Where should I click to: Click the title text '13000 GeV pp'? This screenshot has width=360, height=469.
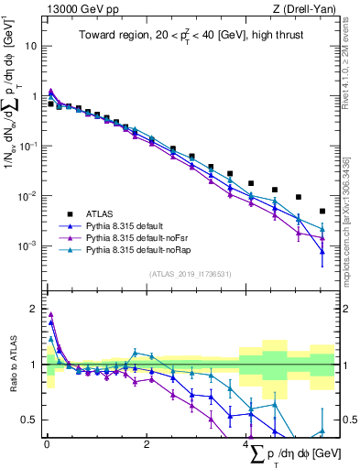click(x=77, y=9)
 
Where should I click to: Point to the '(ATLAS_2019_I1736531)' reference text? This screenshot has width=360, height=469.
click(x=191, y=273)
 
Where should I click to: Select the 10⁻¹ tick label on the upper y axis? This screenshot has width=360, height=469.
click(x=27, y=146)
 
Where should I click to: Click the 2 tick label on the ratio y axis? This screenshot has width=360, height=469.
click(x=33, y=308)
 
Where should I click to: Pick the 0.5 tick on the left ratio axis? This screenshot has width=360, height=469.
click(x=29, y=420)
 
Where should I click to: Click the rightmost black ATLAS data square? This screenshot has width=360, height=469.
click(x=322, y=211)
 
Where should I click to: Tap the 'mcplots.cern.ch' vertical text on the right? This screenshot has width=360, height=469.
click(x=352, y=229)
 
